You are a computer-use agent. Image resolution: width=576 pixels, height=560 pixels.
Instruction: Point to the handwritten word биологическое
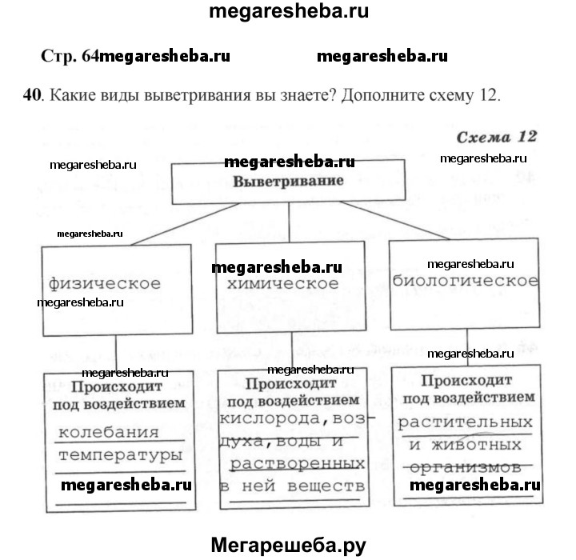pos(465,281)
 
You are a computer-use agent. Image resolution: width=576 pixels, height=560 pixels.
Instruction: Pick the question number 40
pos(32,97)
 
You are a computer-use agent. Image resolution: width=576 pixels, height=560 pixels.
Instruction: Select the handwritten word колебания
pos(110,433)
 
